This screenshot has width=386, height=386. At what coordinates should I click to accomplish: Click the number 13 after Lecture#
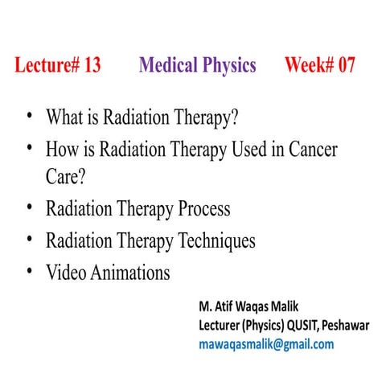point(90,66)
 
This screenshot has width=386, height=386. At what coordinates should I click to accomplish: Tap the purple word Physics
point(228,66)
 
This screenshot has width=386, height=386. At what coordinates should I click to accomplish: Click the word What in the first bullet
point(64,118)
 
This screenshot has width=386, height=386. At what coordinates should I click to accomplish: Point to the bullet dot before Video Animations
point(30,270)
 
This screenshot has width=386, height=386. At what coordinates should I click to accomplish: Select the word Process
point(199,210)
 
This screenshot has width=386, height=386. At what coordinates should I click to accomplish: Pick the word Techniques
point(212,240)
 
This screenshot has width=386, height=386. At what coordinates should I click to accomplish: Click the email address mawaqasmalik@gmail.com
point(265,344)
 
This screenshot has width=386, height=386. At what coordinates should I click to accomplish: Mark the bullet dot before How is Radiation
point(30,148)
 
